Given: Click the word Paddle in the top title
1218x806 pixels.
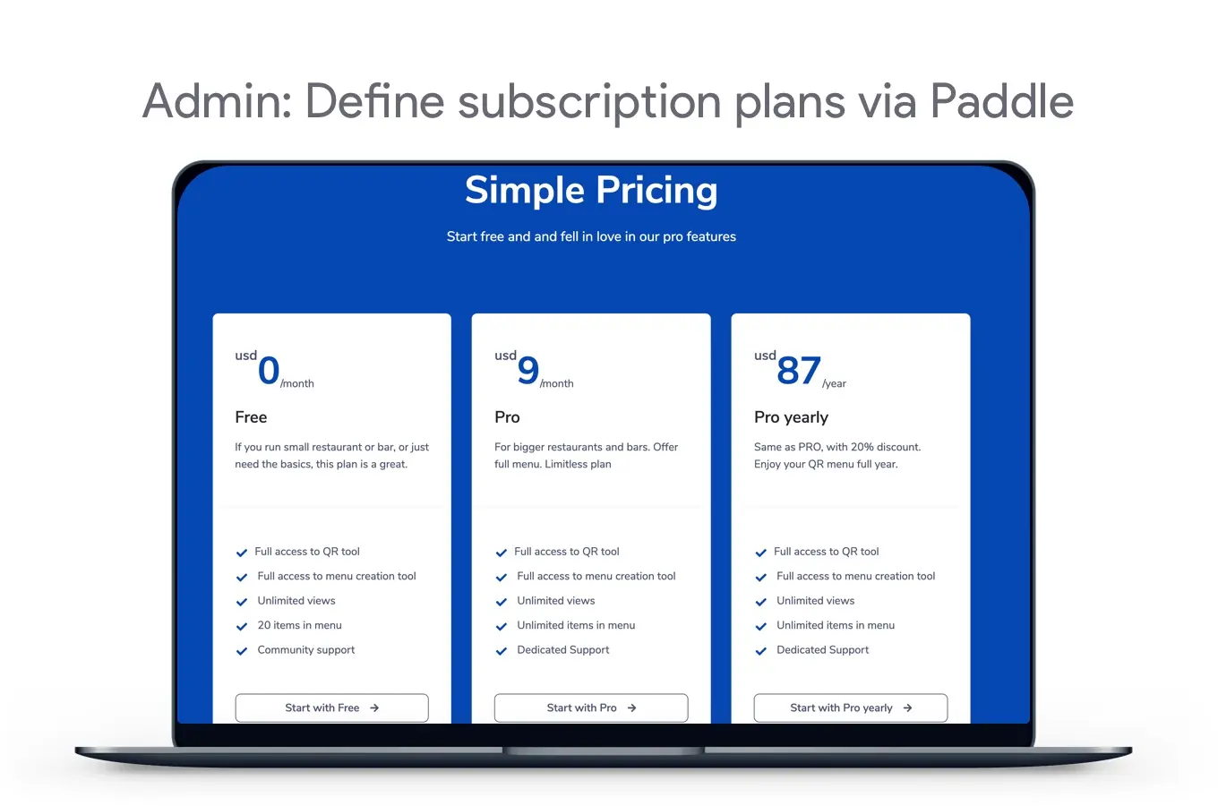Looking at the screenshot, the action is coord(1001,101).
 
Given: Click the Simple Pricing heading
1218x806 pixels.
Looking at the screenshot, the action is coord(591,191).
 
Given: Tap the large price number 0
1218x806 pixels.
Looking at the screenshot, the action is coord(269,371).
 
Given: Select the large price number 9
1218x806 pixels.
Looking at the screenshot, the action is coord(528,371).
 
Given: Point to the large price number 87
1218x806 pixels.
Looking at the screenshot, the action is coord(798,371).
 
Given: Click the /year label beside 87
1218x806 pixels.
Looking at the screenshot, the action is coord(834,383).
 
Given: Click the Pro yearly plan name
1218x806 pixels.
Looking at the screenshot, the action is coord(791,417).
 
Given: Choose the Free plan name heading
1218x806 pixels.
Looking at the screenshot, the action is coord(251,417).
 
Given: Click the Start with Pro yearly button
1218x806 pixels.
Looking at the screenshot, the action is coord(851,707).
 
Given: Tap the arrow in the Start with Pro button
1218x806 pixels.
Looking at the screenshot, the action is coord(631,707).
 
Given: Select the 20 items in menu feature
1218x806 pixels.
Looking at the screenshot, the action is coord(300,625).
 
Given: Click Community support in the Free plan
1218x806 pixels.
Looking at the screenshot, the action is coord(305,650).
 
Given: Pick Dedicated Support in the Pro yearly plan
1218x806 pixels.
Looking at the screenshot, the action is coord(823,650).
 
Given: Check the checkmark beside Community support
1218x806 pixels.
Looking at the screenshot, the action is coord(242,651).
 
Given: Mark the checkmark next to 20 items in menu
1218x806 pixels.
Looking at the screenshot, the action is coord(242,627).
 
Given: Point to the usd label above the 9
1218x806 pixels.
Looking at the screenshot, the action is coord(505,356).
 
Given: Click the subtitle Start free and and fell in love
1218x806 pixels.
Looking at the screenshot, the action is coord(591,236).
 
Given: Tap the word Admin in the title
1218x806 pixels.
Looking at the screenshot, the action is coord(218,101).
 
